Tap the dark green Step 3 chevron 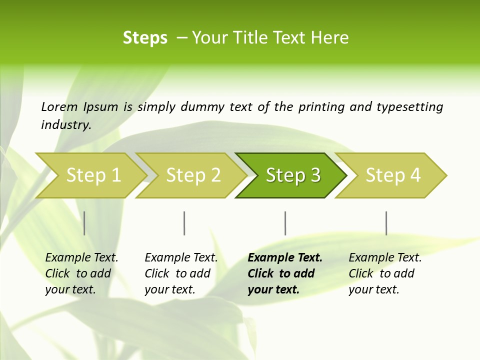[x=293, y=175]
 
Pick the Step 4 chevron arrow [x=393, y=175]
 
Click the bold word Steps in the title [x=145, y=38]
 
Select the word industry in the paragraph [x=65, y=125]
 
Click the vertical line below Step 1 [x=84, y=223]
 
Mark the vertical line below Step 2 [x=184, y=223]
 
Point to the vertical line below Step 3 [x=285, y=223]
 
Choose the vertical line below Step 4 [x=386, y=223]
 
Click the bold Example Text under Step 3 [x=285, y=258]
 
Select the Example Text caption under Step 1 [x=81, y=258]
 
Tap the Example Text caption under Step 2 [x=181, y=258]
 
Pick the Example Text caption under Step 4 [x=385, y=258]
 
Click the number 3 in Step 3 [x=315, y=175]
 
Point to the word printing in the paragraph [x=319, y=107]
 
